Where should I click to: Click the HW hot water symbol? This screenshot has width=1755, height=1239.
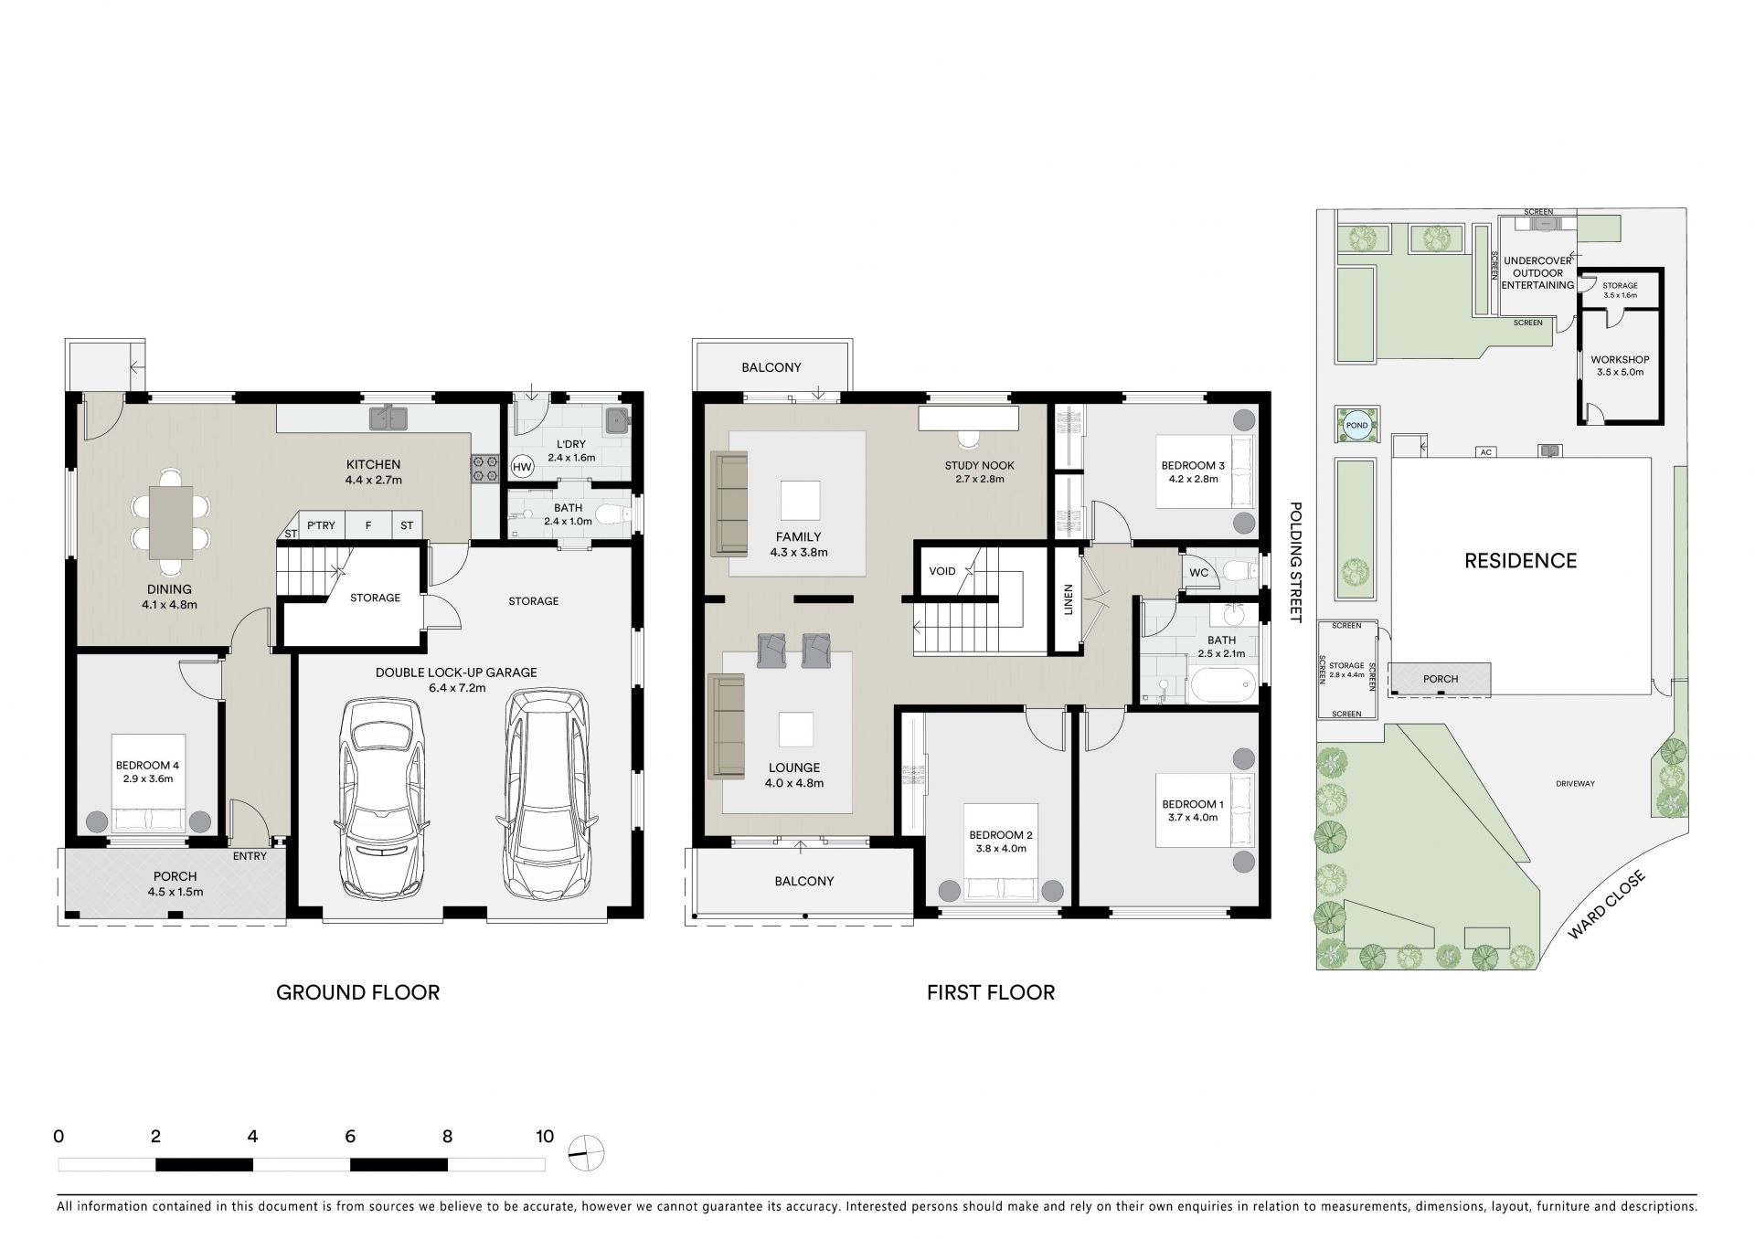click(522, 467)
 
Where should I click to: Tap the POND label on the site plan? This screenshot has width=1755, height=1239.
click(1357, 426)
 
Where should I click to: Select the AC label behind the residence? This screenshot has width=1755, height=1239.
click(1485, 451)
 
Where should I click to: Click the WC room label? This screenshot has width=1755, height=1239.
click(1199, 573)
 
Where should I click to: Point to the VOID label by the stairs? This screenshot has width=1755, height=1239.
click(942, 571)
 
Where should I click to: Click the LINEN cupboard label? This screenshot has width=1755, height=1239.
click(1069, 599)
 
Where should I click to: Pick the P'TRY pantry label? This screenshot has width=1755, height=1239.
click(321, 525)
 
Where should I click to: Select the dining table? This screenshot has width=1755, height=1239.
click(171, 523)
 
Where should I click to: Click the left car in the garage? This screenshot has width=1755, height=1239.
click(382, 798)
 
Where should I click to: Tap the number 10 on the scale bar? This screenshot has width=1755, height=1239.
click(545, 1137)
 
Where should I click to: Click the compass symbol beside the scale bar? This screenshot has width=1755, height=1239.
click(586, 1154)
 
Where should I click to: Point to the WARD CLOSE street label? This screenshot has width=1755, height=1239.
click(1606, 905)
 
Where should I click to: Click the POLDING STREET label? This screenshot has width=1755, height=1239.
click(1295, 562)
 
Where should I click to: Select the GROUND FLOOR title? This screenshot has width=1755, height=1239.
click(358, 992)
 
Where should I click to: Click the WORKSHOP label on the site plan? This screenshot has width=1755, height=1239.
click(1620, 360)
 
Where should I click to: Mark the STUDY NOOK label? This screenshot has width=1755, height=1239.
click(980, 466)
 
